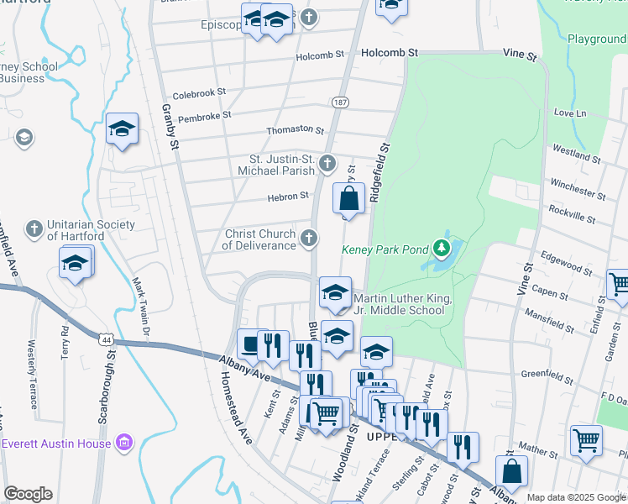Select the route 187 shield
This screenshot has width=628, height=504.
(x=340, y=102)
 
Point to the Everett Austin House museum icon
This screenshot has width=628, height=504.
(x=124, y=442)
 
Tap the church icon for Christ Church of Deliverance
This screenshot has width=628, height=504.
(x=310, y=239)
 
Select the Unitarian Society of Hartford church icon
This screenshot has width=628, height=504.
(x=34, y=229)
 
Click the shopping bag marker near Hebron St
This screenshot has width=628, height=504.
(x=349, y=199)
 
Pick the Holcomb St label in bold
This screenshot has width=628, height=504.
(x=390, y=52)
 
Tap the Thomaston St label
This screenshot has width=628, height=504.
(x=295, y=130)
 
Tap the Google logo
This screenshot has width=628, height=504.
(x=28, y=494)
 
